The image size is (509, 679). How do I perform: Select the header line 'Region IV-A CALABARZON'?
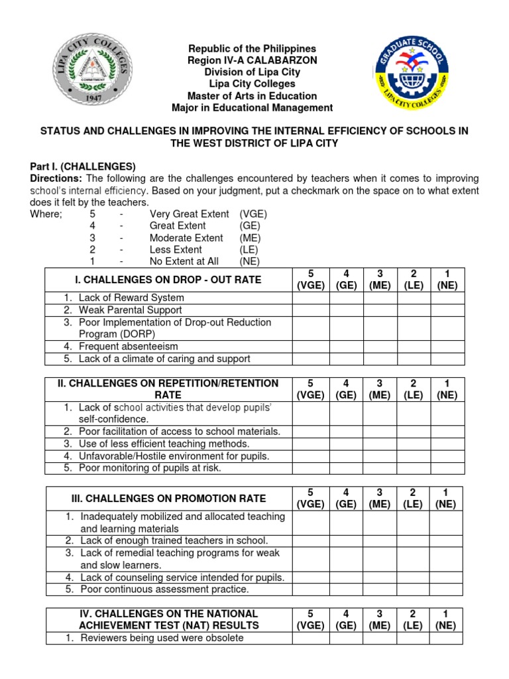[253, 60]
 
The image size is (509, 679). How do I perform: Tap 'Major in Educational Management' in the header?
[253, 107]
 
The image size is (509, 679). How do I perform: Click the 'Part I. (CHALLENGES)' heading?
[83, 166]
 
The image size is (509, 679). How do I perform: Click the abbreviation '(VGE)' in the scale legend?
[253, 214]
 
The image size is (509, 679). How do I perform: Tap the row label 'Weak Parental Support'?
[130, 310]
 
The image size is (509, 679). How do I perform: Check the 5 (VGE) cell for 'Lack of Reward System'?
[311, 298]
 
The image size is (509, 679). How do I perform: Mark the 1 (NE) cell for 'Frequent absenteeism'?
[447, 346]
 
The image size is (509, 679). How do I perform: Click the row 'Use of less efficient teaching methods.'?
[164, 444]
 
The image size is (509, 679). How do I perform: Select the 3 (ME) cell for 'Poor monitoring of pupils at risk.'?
[380, 468]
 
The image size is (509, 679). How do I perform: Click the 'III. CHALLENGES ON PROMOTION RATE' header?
[169, 498]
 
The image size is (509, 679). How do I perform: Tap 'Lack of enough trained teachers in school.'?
[174, 540]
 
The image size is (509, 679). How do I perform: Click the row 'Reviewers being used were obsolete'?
[162, 638]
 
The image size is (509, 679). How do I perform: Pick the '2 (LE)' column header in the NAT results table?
[414, 619]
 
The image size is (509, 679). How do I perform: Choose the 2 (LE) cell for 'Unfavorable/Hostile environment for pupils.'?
[414, 456]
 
